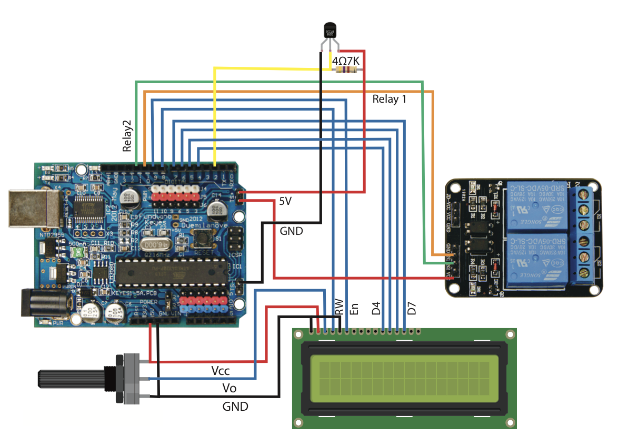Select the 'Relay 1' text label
coord(390,99)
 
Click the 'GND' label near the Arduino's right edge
coord(291,231)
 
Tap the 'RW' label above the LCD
coord(340,307)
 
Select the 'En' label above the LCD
coord(355,309)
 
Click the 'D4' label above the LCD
coord(376,309)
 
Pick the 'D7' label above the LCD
coord(412,309)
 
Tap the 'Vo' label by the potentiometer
coord(229,388)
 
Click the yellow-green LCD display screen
coord(404,377)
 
